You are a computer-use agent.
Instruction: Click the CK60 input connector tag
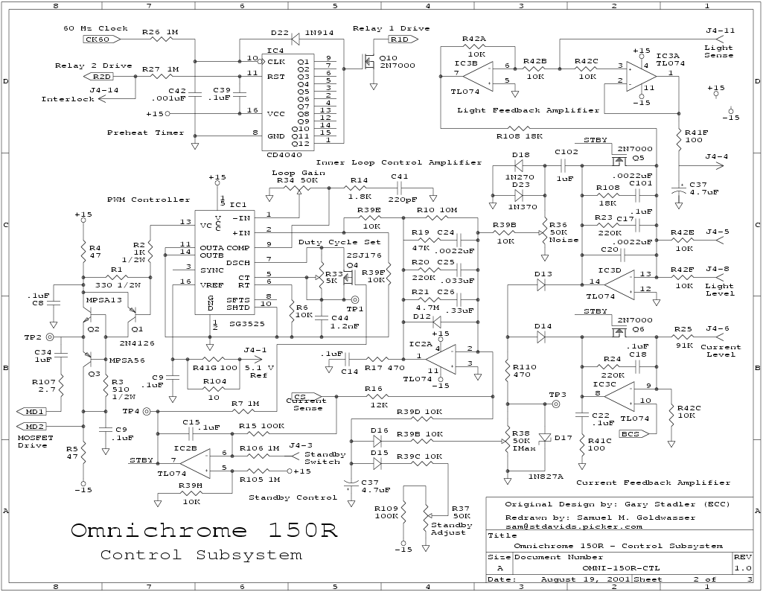[98, 39]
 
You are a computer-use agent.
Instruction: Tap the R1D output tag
[400, 39]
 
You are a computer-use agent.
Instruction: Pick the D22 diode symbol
[296, 34]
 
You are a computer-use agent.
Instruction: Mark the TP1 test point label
[357, 308]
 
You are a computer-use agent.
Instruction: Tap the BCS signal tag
[630, 433]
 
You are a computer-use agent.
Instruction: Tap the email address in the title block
[575, 526]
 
